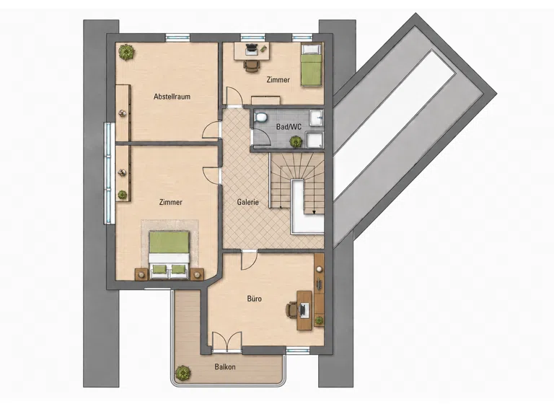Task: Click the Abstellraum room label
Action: (x=172, y=97)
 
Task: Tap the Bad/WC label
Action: (x=289, y=127)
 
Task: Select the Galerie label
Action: (x=247, y=203)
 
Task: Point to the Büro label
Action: (x=255, y=299)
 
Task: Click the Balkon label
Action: (x=225, y=367)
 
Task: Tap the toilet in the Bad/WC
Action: (x=260, y=117)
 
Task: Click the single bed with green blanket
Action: (x=312, y=65)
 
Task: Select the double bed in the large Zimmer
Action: (x=170, y=255)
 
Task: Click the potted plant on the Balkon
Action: (x=183, y=373)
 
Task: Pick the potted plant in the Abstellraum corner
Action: (x=127, y=52)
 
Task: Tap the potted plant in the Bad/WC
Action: (x=296, y=142)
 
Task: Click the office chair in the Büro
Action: (x=291, y=309)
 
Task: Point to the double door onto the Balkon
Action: (x=227, y=341)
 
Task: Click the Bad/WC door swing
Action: (x=260, y=137)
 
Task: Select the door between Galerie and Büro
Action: (x=249, y=260)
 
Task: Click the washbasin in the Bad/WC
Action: (x=316, y=118)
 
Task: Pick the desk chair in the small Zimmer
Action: (x=252, y=66)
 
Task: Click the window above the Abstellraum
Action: (x=178, y=37)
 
